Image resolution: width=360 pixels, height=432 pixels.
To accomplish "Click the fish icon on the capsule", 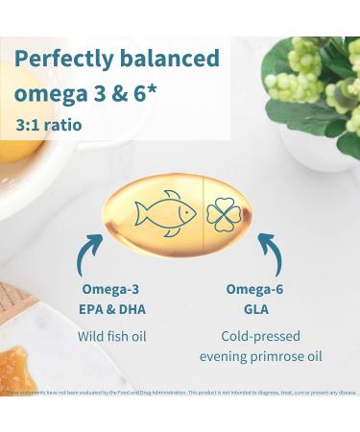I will pos(165,212).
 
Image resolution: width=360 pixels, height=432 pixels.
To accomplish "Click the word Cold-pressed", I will pos(260,337).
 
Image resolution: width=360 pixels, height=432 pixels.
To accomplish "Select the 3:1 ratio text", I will pos(49,126).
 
